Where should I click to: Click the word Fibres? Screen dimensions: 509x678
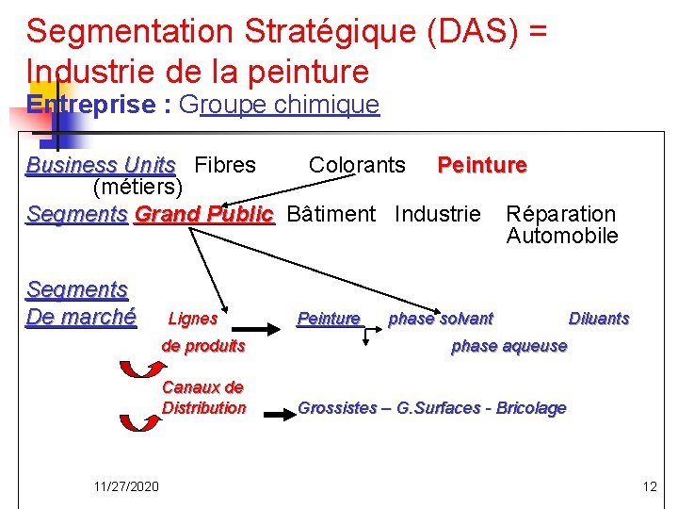(224, 166)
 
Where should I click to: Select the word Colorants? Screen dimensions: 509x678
(357, 166)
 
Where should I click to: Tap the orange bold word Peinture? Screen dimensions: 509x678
(481, 166)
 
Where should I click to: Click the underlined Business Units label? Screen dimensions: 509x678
(101, 166)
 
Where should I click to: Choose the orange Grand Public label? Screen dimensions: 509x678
(203, 215)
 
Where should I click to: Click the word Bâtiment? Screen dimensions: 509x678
(331, 215)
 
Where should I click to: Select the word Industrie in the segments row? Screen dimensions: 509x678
(437, 215)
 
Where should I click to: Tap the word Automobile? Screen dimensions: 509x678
(562, 236)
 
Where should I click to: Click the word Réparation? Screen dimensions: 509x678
(560, 215)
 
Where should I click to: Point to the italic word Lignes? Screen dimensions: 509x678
(192, 319)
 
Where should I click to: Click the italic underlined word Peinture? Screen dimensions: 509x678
(329, 319)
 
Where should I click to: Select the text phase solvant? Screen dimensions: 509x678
(441, 319)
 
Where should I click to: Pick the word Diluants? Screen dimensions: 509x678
(599, 319)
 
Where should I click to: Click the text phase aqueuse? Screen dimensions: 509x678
(509, 346)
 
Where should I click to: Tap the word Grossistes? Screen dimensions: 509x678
(337, 408)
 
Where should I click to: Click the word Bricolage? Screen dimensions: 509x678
(530, 408)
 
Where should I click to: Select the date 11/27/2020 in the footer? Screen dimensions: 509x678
(126, 486)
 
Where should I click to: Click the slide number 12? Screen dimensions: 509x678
(649, 486)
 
